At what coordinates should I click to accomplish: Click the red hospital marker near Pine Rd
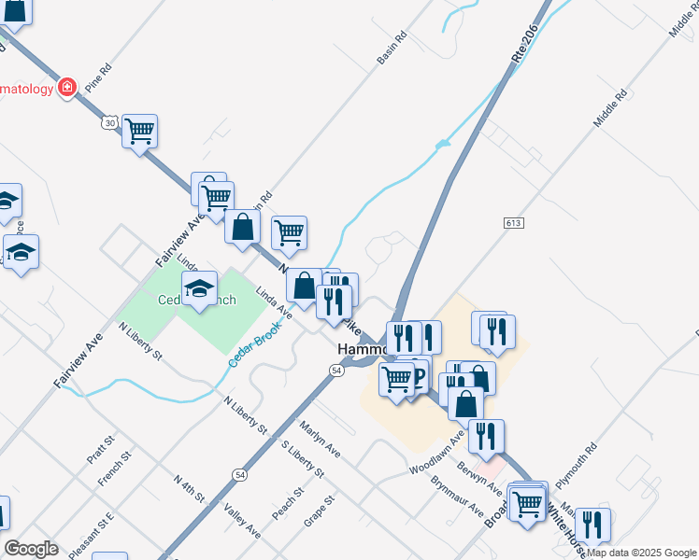pyautogui.click(x=67, y=88)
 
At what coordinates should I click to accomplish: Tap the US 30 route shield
pyautogui.click(x=109, y=122)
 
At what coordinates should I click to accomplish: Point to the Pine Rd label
pyautogui.click(x=97, y=77)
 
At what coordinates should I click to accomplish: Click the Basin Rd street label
pyautogui.click(x=392, y=49)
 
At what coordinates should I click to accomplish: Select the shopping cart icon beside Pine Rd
pyautogui.click(x=139, y=131)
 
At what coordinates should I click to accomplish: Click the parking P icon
pyautogui.click(x=418, y=376)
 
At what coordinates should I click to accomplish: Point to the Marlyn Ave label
pyautogui.click(x=320, y=437)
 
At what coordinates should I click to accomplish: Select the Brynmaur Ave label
pyautogui.click(x=457, y=497)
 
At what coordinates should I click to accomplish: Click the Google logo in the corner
pyautogui.click(x=32, y=548)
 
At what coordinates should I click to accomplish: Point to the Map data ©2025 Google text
pyautogui.click(x=641, y=553)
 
